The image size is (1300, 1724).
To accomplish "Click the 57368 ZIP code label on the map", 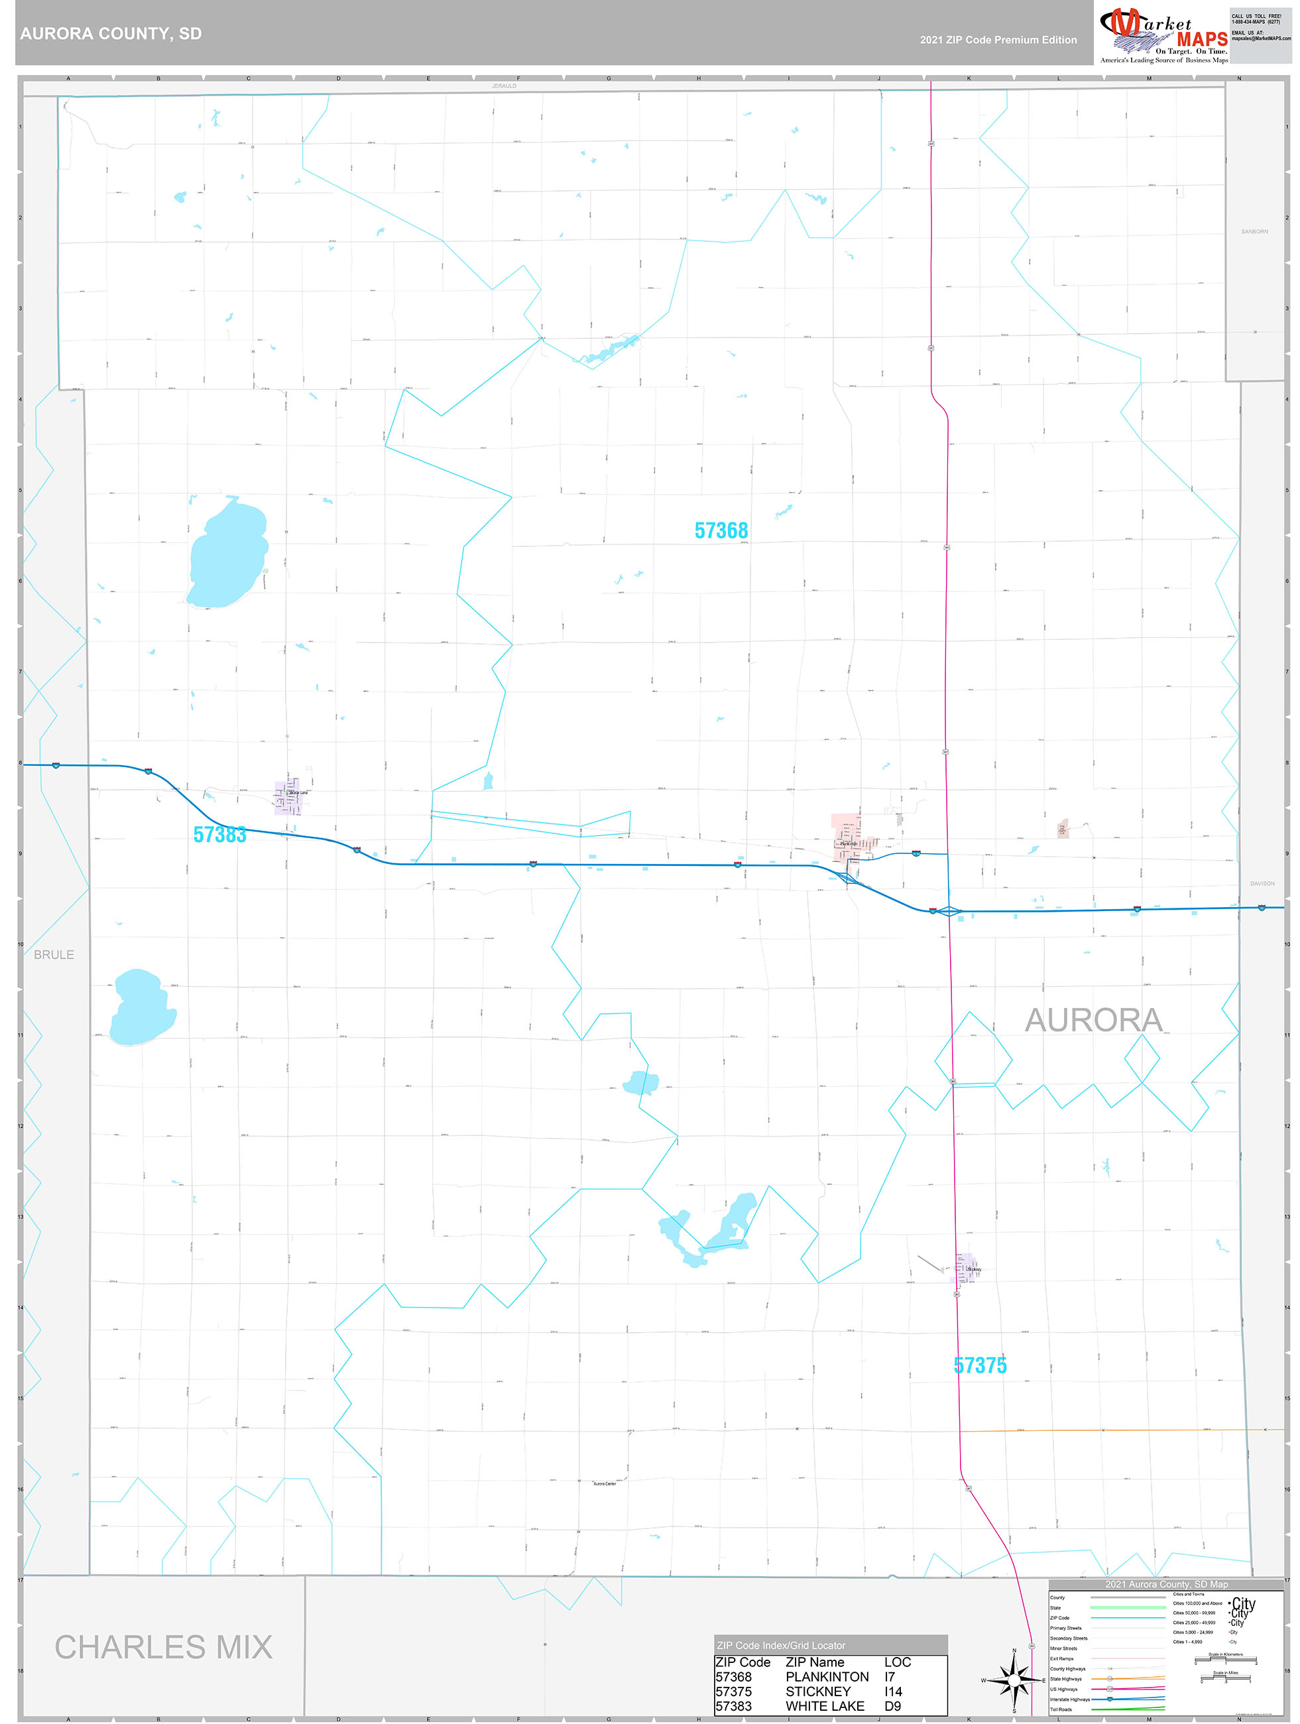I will (721, 530).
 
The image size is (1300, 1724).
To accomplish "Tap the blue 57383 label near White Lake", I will (220, 835).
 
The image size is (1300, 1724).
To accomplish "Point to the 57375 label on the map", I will (980, 1365).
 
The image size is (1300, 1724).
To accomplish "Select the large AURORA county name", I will (1093, 1020).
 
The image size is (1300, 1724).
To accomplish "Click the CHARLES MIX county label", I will (164, 1647).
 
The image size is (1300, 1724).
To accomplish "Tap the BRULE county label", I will (54, 955).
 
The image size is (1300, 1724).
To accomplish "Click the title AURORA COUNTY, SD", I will (111, 34).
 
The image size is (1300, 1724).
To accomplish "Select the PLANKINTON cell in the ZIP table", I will (827, 1676).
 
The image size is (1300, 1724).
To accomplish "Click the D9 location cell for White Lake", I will (892, 1706).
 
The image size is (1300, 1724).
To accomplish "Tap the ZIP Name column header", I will (815, 1662).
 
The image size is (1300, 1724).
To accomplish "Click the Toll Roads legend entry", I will (1061, 1709).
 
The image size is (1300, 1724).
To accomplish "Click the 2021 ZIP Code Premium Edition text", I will (998, 40).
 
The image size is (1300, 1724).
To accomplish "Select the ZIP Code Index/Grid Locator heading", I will (781, 1645).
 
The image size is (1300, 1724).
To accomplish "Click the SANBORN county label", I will (1254, 231).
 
